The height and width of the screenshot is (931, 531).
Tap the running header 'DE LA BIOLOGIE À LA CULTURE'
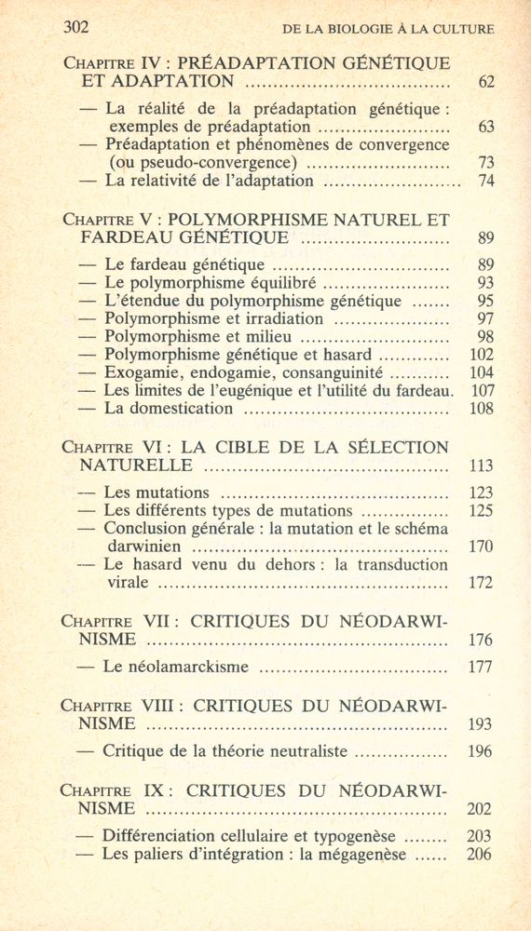tap(388, 29)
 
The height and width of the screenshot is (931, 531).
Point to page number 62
tap(485, 83)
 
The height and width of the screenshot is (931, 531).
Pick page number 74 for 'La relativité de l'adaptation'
tap(485, 182)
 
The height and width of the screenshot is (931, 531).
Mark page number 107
tap(482, 390)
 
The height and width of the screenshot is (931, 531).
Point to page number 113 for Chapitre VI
tap(482, 466)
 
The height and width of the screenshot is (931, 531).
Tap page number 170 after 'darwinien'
tap(482, 546)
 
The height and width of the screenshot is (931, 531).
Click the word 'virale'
tap(128, 584)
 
